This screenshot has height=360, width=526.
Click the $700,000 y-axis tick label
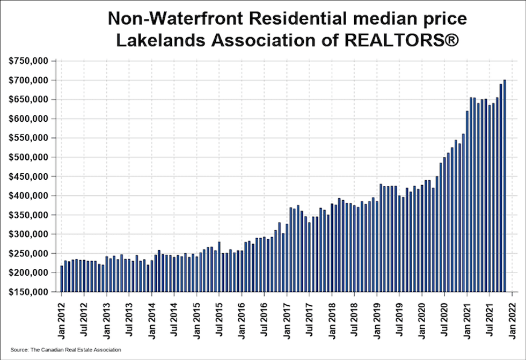(28, 80)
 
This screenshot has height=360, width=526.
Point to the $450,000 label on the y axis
(28, 177)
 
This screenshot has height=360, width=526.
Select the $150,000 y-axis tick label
(28, 292)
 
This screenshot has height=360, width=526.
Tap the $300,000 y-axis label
(28, 234)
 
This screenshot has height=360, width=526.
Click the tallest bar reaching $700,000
(505, 186)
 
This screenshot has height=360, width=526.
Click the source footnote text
(65, 350)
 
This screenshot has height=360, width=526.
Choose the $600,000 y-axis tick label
(28, 119)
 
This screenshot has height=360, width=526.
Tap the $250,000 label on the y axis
(28, 253)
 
